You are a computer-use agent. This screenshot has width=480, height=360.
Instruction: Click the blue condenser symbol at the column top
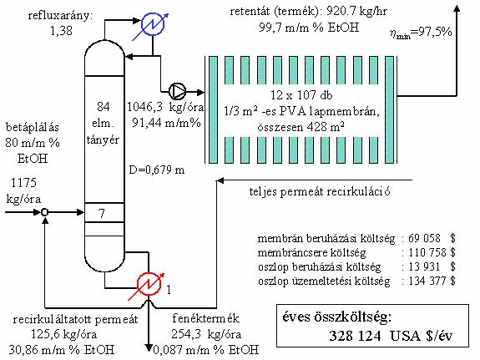click(x=152, y=24)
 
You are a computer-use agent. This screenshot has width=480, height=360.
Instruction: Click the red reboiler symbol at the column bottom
click(x=149, y=284)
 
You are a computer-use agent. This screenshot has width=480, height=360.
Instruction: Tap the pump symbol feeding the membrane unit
click(x=177, y=91)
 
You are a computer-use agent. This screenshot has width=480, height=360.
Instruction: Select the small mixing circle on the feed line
click(x=45, y=212)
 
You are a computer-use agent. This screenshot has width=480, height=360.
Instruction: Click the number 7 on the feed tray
click(x=102, y=213)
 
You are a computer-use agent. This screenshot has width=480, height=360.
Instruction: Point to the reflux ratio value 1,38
click(x=61, y=31)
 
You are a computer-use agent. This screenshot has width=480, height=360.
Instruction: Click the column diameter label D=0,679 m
click(x=157, y=170)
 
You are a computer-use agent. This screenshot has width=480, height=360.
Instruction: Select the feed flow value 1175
click(x=23, y=183)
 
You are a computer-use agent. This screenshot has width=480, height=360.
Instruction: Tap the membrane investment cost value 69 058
click(x=424, y=238)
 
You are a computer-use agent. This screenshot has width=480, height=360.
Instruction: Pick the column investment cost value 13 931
click(x=424, y=266)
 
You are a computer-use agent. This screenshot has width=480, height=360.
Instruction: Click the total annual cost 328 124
click(x=355, y=336)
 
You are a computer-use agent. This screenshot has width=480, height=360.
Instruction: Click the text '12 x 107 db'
click(x=301, y=95)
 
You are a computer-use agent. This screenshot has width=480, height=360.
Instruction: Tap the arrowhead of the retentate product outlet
click(x=457, y=8)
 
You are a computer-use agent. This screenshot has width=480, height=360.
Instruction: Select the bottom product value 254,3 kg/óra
click(x=206, y=334)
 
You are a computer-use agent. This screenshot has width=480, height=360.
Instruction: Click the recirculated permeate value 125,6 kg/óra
click(x=63, y=334)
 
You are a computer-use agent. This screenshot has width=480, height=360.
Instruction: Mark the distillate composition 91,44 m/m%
click(x=166, y=123)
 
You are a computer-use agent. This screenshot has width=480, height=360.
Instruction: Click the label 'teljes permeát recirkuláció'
click(x=320, y=192)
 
